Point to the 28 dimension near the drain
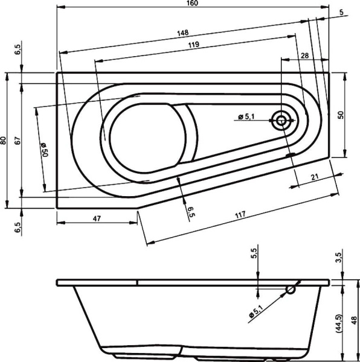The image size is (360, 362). coord(304,56)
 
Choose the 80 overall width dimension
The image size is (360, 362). coord(4,140)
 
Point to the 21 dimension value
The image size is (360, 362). coord(314,176)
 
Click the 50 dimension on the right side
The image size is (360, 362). coord(341,115)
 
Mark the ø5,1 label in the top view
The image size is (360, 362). coord(248,116)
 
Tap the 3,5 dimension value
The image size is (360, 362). coord(339,258)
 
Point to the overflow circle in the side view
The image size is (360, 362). coord(291,290)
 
